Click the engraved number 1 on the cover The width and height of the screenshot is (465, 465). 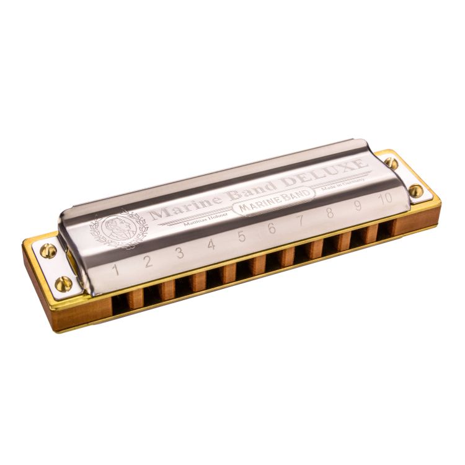pyautogui.click(x=115, y=269)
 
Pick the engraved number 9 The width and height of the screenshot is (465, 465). pyautogui.click(x=358, y=205)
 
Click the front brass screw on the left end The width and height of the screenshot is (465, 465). pyautogui.click(x=63, y=284)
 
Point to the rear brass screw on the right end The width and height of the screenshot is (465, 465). pyautogui.click(x=391, y=163)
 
